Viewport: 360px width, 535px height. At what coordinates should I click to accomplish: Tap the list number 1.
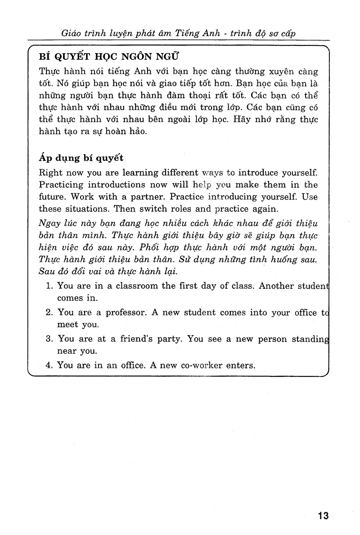pyautogui.click(x=49, y=286)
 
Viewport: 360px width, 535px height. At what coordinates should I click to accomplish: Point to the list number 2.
pyautogui.click(x=49, y=312)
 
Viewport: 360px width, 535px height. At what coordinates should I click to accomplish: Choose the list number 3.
pyautogui.click(x=49, y=339)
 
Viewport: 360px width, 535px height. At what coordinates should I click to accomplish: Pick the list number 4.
pyautogui.click(x=49, y=365)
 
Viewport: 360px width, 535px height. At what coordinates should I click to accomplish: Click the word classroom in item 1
pyautogui.click(x=126, y=286)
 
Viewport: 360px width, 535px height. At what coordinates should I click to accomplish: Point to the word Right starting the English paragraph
pyautogui.click(x=50, y=172)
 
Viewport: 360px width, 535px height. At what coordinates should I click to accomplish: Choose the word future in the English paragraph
pyautogui.click(x=52, y=197)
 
